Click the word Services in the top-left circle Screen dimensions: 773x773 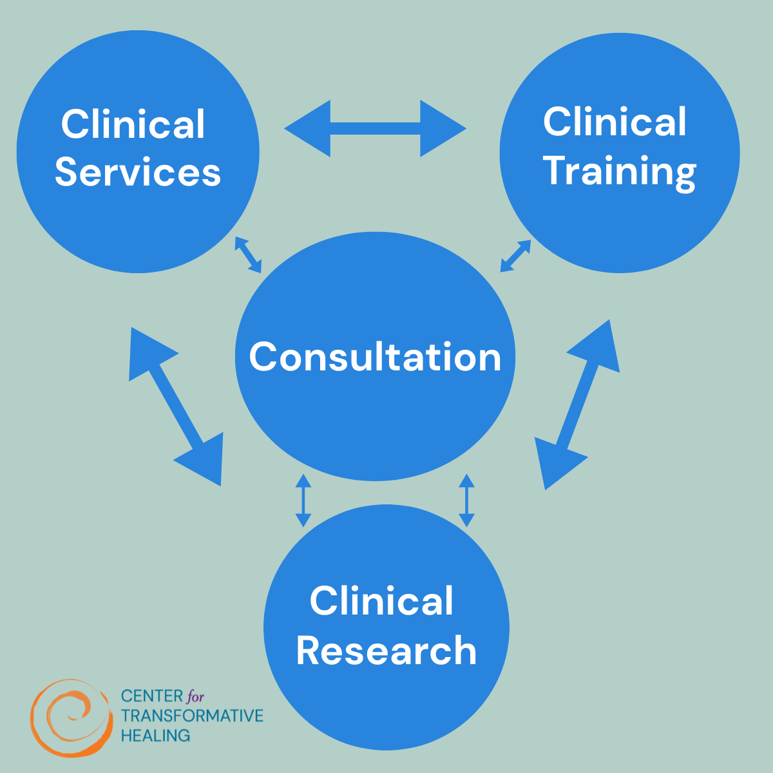pos(138,172)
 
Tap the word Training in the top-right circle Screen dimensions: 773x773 pos(620,171)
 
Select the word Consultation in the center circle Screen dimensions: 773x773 pos(375,357)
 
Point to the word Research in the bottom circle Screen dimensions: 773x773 pos(386,651)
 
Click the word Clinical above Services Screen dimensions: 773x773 pos(133,124)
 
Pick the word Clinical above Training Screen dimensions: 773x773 pos(615,122)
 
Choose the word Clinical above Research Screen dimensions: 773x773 pos(381,601)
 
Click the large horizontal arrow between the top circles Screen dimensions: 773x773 pos(375,128)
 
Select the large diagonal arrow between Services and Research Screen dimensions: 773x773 pos(176,406)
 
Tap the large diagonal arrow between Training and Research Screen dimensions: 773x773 pos(577,405)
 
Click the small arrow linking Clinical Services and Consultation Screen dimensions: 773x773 pos(248,254)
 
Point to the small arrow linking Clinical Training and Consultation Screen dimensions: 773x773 pos(515,256)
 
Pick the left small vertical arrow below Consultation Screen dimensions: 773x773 pos(303,501)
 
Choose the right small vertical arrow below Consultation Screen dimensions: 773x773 pos(466,501)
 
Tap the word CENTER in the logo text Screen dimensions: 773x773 pos(152,696)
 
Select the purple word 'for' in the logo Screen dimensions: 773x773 pos(195,696)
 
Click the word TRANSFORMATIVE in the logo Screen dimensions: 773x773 pos(192,716)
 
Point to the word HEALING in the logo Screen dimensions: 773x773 pos(155,735)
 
